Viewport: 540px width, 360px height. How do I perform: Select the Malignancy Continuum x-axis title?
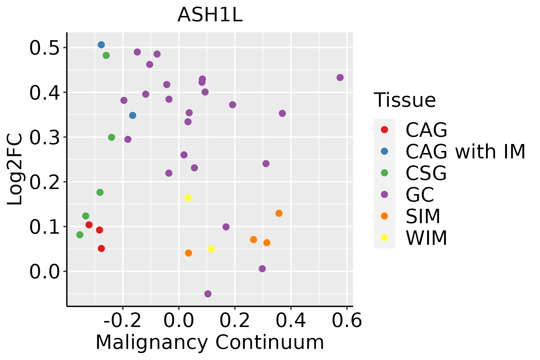click(x=210, y=342)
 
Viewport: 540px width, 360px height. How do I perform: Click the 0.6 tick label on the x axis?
click(x=347, y=321)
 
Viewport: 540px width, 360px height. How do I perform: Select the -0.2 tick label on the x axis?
click(x=122, y=321)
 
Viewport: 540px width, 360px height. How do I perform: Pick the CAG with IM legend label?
click(x=465, y=151)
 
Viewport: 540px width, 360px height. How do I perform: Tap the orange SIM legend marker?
click(x=384, y=216)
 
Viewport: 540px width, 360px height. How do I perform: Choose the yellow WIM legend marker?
click(x=384, y=238)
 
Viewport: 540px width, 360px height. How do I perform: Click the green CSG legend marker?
click(x=384, y=173)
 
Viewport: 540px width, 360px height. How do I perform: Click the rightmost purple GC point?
click(x=340, y=78)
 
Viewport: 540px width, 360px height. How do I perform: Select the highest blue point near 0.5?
click(x=101, y=45)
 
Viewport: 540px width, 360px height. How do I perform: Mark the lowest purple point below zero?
click(x=208, y=294)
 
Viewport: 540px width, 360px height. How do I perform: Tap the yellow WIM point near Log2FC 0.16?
click(x=188, y=198)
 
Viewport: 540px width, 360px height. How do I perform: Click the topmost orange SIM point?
click(x=279, y=213)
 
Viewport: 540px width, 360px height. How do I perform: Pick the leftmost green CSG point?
click(x=80, y=235)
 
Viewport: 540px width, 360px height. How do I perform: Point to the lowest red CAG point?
click(x=101, y=248)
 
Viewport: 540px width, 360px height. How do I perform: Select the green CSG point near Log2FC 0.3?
click(x=112, y=137)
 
